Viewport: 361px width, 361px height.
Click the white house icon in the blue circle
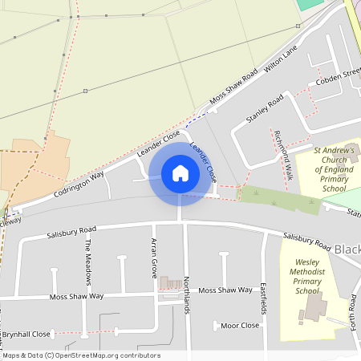point(180,172)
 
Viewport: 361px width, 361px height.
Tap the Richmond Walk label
point(282,148)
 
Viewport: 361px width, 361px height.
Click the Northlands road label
point(186,294)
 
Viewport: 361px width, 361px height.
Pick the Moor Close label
point(240,326)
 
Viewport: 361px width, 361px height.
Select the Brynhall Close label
point(26,333)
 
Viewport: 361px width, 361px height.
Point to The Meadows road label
point(89,258)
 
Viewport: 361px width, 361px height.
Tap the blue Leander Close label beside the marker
point(204,160)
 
